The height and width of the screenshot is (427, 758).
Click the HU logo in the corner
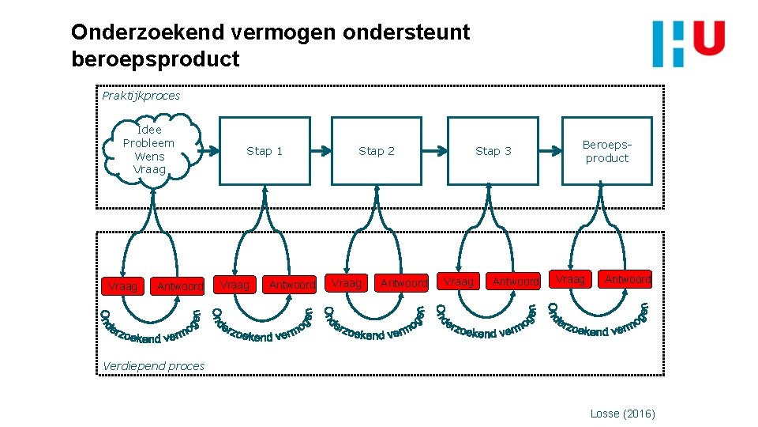coord(689,43)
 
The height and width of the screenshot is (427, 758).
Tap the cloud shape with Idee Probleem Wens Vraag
coord(149,149)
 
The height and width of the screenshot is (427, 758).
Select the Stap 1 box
coord(265,151)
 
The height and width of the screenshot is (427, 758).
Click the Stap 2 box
coord(377,151)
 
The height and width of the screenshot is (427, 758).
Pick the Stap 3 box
coord(493,151)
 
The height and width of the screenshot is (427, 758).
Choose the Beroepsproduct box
coord(607,151)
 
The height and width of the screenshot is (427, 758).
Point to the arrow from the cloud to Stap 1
coord(207,150)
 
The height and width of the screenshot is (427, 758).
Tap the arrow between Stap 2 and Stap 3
coord(434,150)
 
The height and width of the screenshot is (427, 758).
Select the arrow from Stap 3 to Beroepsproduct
coord(550,150)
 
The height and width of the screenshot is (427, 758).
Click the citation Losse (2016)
coord(622,414)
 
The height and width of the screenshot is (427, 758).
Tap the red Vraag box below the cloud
coord(122,286)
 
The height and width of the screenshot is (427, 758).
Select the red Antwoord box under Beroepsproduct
coord(628,278)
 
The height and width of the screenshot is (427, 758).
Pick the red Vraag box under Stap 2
coord(347,283)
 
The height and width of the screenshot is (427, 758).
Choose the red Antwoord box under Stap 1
coord(292,284)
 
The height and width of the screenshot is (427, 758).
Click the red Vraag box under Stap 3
coord(459,282)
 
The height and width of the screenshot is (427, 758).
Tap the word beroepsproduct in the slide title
coord(155,59)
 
